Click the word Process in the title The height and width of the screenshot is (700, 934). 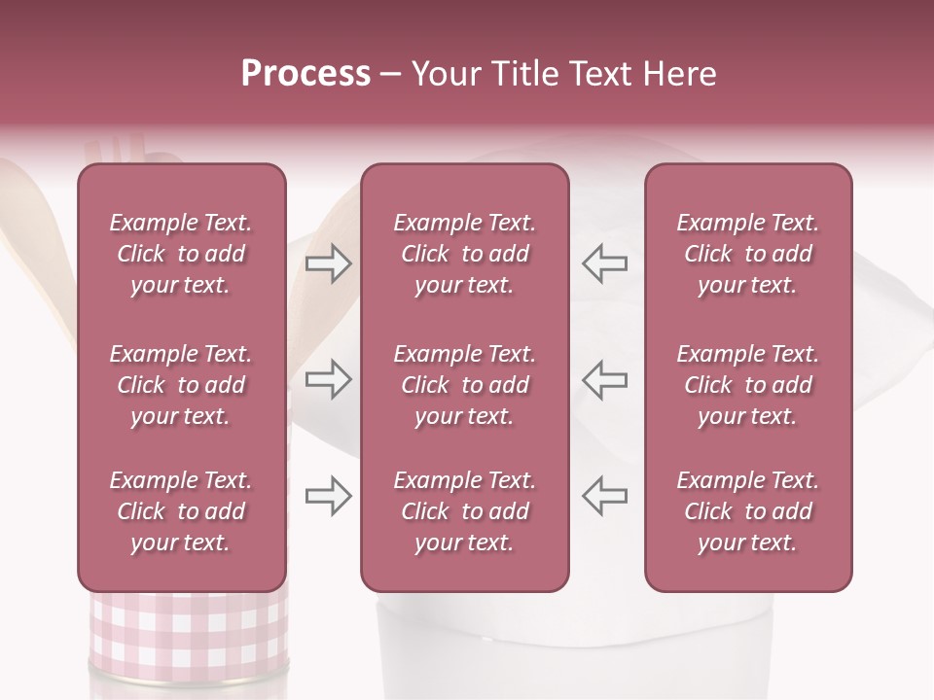pyautogui.click(x=305, y=74)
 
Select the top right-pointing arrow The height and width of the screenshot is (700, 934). pyautogui.click(x=329, y=263)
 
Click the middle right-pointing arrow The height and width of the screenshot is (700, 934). pyautogui.click(x=329, y=379)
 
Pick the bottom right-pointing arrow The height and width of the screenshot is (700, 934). pyautogui.click(x=329, y=497)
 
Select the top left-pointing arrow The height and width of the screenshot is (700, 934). pyautogui.click(x=605, y=263)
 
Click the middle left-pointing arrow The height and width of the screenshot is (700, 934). pyautogui.click(x=605, y=379)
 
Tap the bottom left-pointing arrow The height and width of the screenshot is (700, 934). pyautogui.click(x=605, y=497)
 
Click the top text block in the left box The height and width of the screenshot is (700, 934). pyautogui.click(x=181, y=255)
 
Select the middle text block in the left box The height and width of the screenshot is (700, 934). pyautogui.click(x=181, y=385)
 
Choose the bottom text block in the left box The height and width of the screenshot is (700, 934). pyautogui.click(x=181, y=511)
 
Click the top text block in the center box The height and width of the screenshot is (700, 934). pyautogui.click(x=465, y=255)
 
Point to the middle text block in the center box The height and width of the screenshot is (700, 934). pyautogui.click(x=465, y=385)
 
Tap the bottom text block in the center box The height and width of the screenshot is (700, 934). pyautogui.click(x=465, y=511)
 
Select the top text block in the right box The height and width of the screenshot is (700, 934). pyautogui.click(x=748, y=255)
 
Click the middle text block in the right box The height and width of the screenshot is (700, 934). pyautogui.click(x=748, y=385)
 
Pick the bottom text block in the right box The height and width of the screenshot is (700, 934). pyautogui.click(x=748, y=511)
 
